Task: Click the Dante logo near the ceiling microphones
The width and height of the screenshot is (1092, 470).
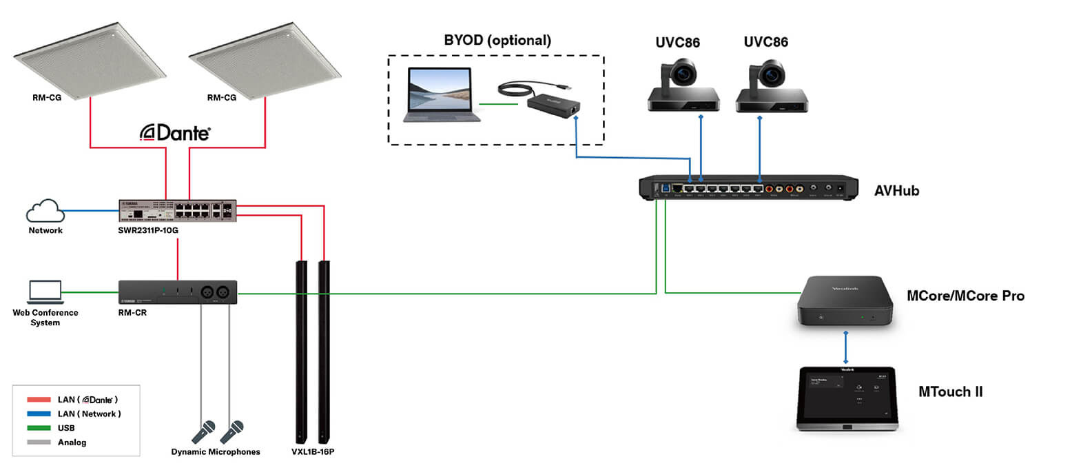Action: [175, 132]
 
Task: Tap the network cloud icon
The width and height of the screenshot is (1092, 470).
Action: [45, 210]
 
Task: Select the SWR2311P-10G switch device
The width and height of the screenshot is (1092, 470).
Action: [178, 210]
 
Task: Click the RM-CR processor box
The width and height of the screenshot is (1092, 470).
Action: [178, 292]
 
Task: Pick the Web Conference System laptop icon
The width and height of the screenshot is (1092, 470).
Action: [45, 292]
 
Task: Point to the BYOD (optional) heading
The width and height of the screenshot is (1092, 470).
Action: [497, 40]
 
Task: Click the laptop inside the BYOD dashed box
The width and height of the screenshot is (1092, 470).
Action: [439, 94]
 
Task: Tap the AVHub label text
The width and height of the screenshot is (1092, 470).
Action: [896, 191]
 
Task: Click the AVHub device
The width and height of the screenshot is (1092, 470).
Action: [748, 187]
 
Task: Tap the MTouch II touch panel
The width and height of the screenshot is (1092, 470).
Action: [847, 398]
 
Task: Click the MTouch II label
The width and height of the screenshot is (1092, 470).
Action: [950, 392]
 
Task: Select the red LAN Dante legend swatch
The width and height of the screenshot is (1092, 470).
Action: [39, 400]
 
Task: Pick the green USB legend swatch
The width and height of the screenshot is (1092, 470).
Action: [39, 428]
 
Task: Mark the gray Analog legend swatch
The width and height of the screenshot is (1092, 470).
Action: [39, 442]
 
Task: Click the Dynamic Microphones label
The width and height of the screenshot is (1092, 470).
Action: [216, 452]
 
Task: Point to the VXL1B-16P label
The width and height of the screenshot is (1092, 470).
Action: [313, 452]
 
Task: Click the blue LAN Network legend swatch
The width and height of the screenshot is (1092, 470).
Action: [39, 414]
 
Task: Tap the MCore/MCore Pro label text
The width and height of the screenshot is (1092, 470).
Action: [965, 296]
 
